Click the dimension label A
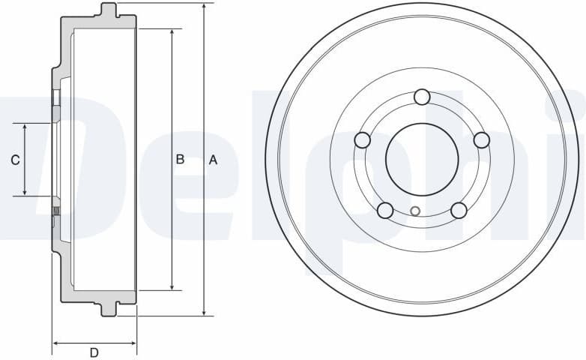(213, 160)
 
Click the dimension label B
(180, 159)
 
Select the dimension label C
(15, 160)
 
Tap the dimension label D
(94, 352)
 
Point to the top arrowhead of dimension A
(204, 7)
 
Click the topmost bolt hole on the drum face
(422, 97)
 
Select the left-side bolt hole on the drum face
(363, 140)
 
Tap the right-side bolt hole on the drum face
(481, 140)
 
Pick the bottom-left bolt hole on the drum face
(385, 210)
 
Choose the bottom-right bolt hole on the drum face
(459, 210)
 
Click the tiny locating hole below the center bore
(416, 211)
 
